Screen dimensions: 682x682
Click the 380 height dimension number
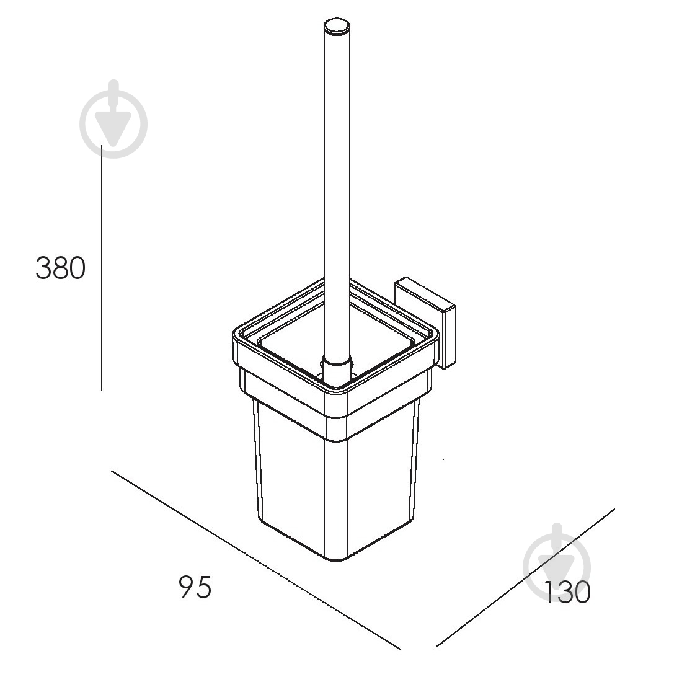click(61, 268)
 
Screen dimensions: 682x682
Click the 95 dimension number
click(195, 587)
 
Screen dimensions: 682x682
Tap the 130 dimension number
click(567, 592)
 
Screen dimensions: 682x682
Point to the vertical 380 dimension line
click(102, 267)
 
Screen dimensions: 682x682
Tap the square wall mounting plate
click(425, 322)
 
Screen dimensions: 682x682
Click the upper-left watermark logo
click(113, 119)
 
